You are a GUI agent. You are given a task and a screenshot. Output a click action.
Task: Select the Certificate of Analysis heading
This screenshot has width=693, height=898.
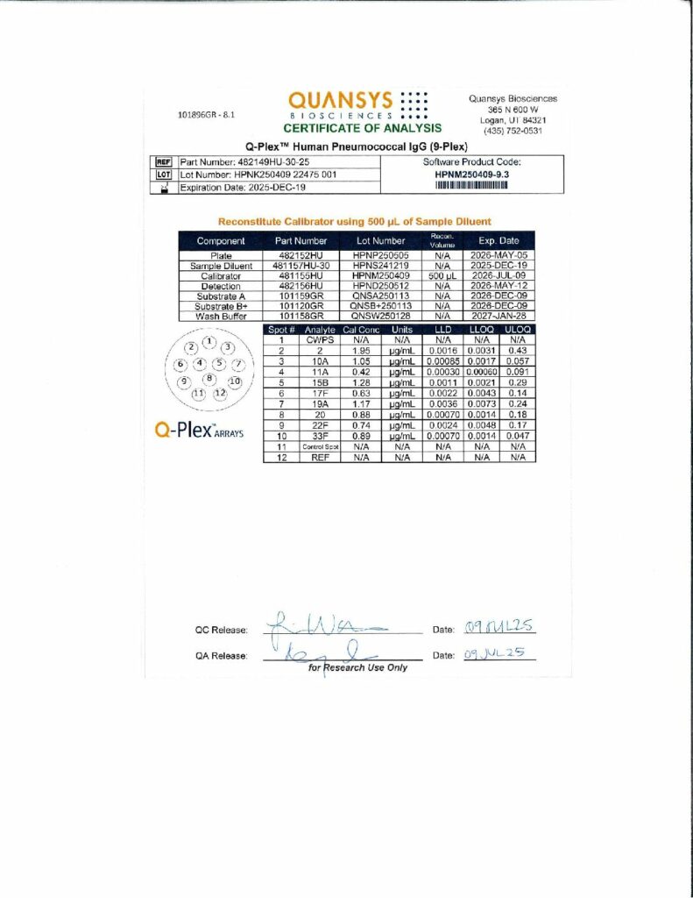click(356, 129)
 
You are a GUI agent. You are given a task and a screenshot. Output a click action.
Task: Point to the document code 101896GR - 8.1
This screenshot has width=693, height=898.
click(206, 115)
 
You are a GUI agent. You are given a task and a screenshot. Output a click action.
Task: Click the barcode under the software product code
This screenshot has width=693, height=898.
click(471, 187)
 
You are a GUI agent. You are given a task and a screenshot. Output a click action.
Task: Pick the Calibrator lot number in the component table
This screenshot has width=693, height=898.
click(379, 275)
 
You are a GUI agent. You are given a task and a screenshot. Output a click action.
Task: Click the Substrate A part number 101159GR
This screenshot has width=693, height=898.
click(301, 296)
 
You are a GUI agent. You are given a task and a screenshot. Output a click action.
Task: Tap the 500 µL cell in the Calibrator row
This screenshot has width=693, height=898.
click(442, 275)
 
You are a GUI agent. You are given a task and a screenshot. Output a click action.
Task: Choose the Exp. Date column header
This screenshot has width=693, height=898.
click(498, 240)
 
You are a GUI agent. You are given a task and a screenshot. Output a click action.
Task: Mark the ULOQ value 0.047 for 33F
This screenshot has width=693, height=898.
click(518, 435)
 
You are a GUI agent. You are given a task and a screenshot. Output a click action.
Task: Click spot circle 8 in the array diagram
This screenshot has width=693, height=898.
click(209, 378)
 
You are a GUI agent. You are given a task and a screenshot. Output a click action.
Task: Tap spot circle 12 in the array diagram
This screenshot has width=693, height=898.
click(219, 393)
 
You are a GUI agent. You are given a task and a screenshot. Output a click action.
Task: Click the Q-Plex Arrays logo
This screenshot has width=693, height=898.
click(198, 431)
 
